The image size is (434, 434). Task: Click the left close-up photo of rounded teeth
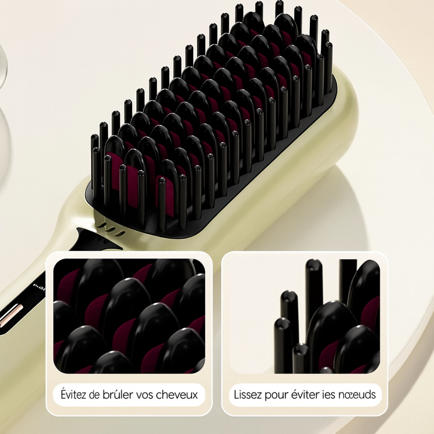129,316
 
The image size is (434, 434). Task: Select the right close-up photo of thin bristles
305,316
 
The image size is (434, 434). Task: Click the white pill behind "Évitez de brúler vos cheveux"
129,395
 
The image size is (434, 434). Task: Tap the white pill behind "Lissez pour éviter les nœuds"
305,395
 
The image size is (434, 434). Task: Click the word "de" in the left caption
95,395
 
